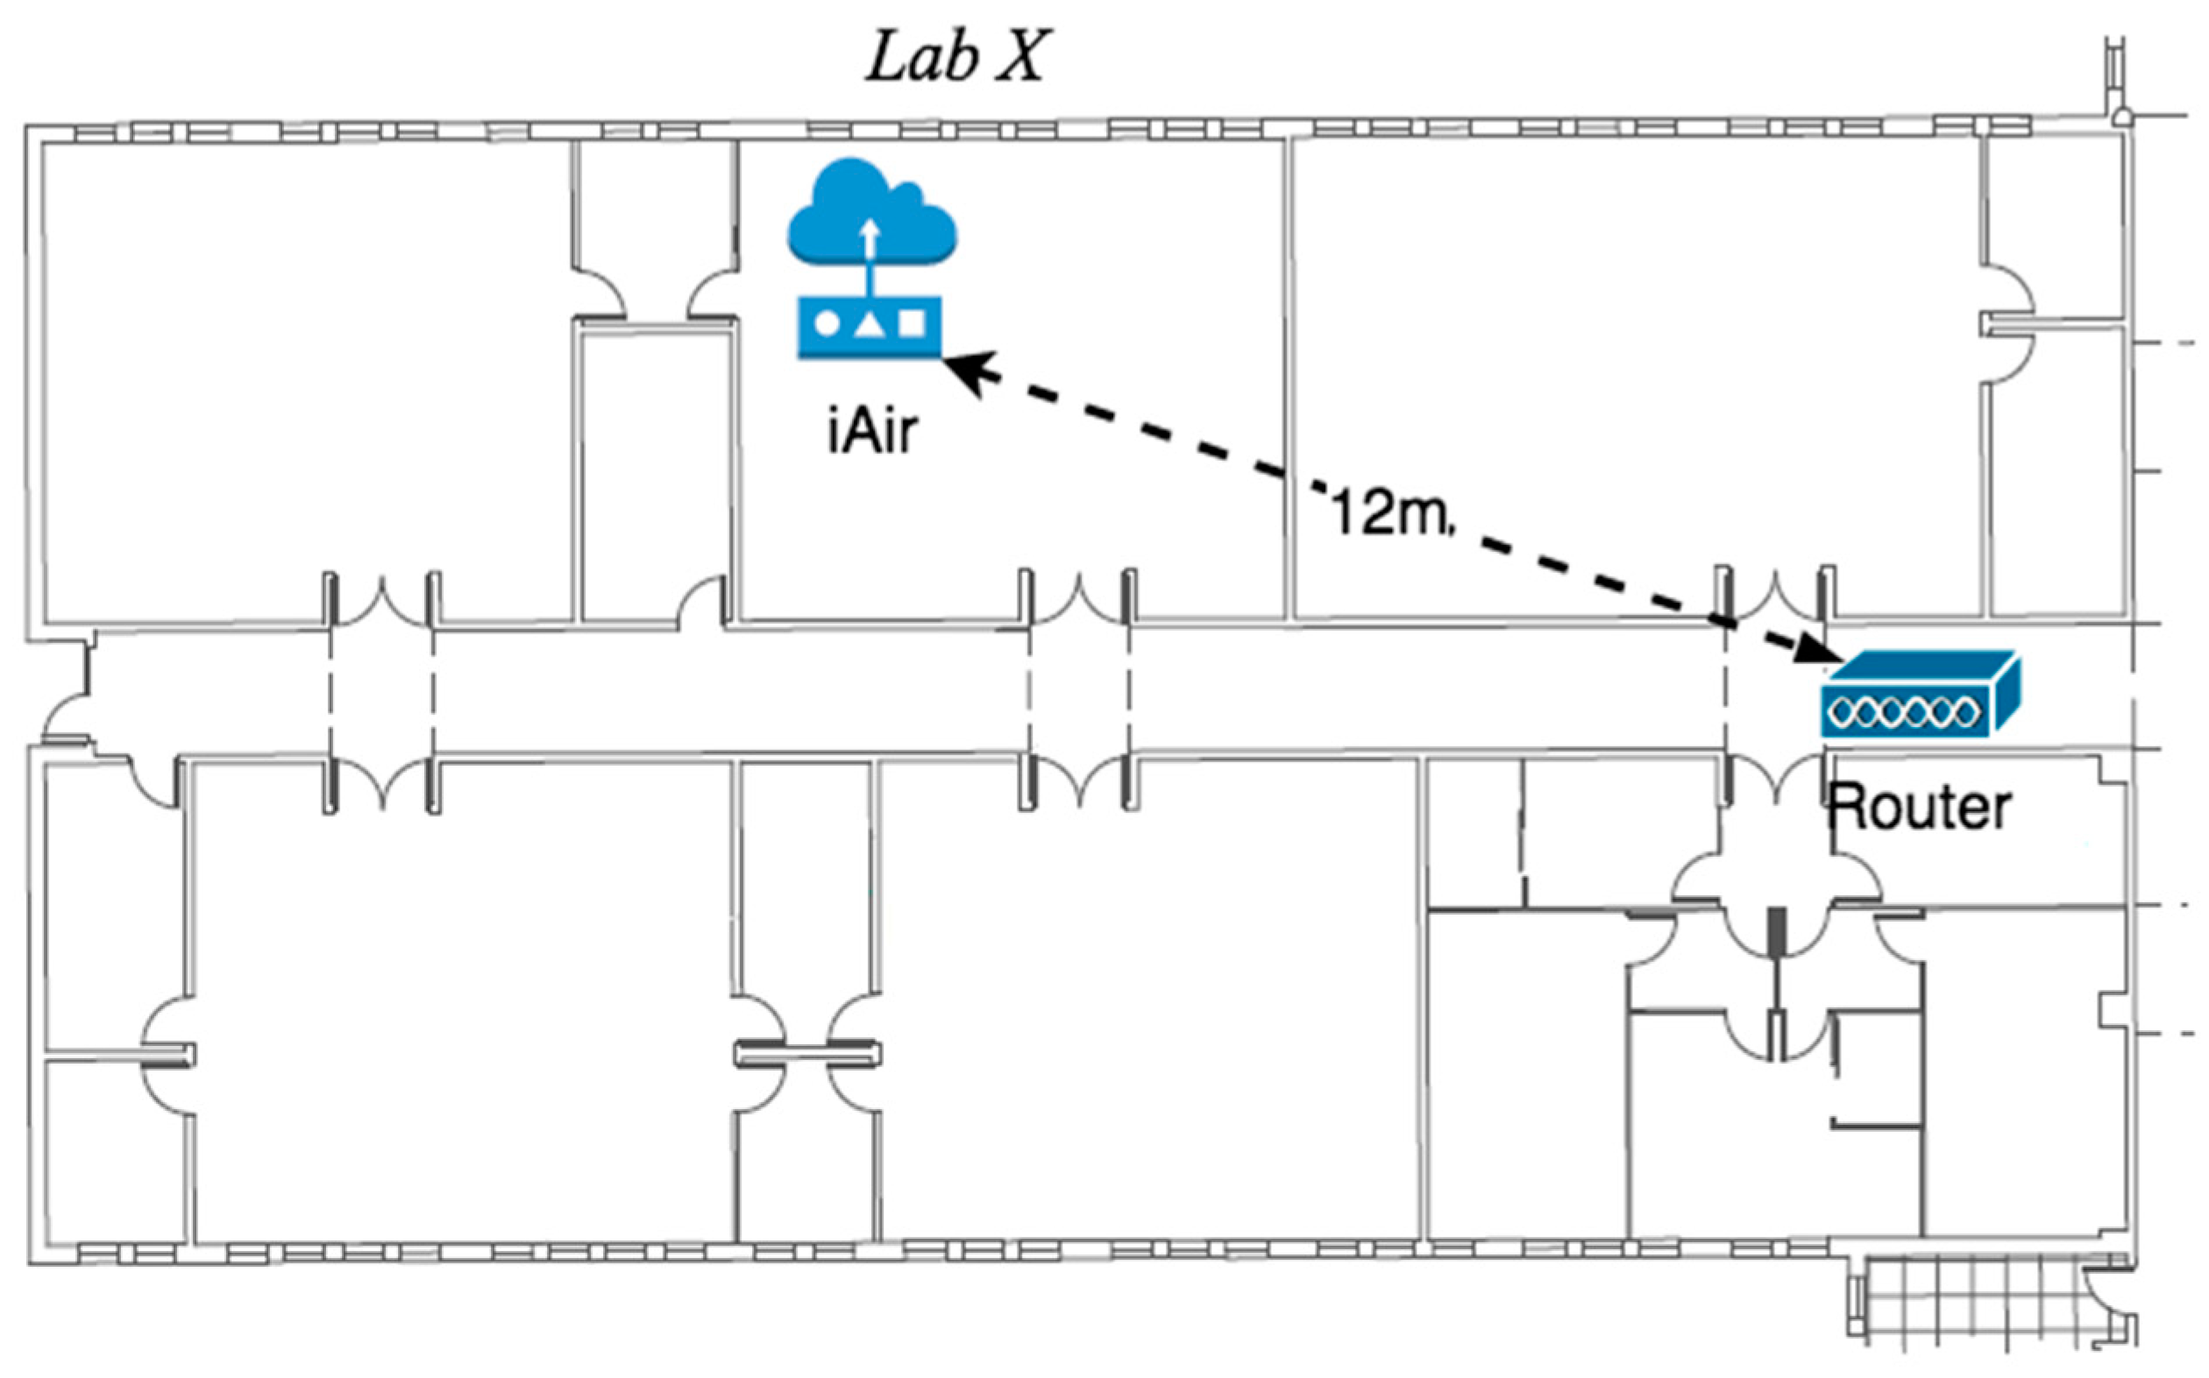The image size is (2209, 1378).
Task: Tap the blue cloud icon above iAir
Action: (x=871, y=214)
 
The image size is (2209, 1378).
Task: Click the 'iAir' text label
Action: (x=871, y=431)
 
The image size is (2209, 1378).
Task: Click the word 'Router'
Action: (x=1919, y=808)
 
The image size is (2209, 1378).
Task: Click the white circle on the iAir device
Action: (x=826, y=324)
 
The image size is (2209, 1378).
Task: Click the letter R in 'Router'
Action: (x=1847, y=808)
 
